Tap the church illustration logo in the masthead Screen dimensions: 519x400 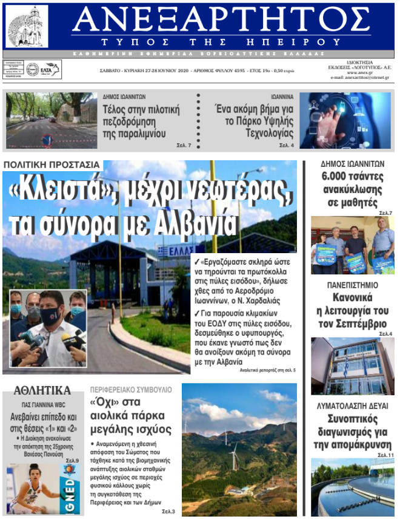(27, 25)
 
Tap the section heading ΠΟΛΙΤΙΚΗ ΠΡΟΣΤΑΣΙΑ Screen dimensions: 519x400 (52, 165)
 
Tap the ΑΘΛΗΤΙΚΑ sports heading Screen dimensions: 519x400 (42, 390)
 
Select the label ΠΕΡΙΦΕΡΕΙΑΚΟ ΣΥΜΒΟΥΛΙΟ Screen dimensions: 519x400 (131, 389)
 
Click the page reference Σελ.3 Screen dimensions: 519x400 (168, 512)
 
